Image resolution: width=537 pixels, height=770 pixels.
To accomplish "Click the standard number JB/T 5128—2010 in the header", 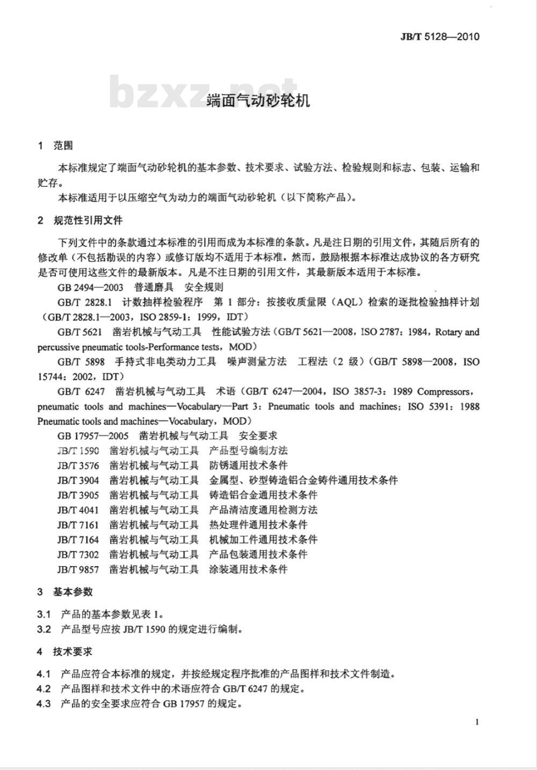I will (x=439, y=36).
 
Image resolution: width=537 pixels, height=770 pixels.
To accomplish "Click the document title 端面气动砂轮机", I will (x=258, y=100).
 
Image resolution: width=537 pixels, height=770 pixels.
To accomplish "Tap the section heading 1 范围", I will (x=55, y=145).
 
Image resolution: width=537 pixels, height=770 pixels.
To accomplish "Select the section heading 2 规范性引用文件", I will (x=80, y=220).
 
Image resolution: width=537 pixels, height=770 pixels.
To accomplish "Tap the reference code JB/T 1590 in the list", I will (x=78, y=450).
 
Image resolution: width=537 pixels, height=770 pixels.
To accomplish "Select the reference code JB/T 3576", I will (x=78, y=465).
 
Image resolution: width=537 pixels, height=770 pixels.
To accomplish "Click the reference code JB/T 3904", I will (x=78, y=480).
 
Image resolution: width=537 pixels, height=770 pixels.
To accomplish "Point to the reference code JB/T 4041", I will (x=78, y=510).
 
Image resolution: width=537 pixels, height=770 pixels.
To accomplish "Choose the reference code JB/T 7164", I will (x=78, y=539).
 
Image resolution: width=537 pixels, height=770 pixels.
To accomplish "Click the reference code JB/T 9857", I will (x=78, y=569).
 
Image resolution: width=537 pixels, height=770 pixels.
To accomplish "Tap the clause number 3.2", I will (x=44, y=629).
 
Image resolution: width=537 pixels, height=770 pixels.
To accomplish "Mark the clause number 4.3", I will (x=44, y=703).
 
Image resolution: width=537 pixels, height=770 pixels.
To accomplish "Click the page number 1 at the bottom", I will (x=477, y=722).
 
